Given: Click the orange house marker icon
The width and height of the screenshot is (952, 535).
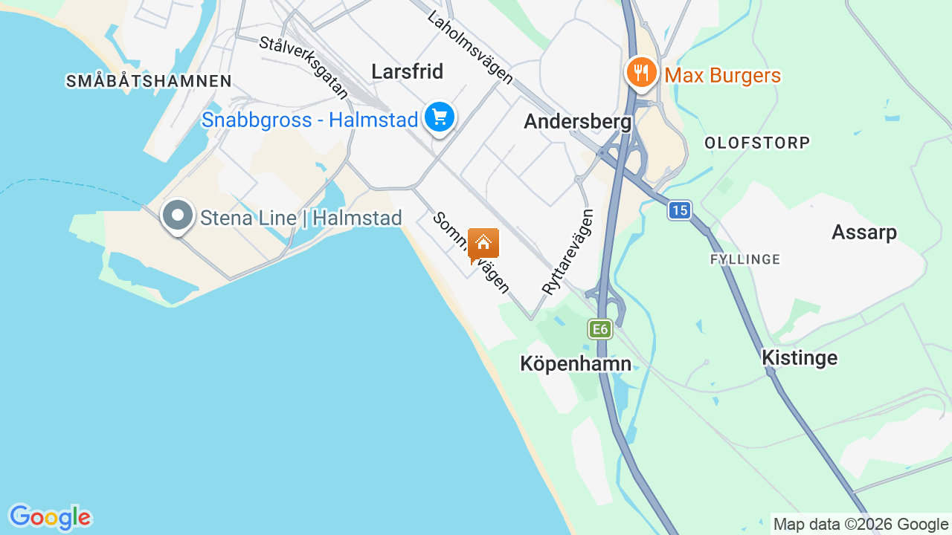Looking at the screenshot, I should (483, 243).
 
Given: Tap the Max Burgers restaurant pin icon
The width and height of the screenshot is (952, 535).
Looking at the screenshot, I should (640, 73).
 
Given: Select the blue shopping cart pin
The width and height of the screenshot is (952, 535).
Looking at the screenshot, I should (440, 117).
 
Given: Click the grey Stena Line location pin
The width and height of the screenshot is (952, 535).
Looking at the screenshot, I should (177, 215).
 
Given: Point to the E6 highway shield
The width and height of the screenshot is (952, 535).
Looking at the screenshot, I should (599, 329).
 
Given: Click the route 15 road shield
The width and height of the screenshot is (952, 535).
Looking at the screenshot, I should (678, 210).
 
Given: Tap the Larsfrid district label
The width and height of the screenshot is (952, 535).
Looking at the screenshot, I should (407, 71).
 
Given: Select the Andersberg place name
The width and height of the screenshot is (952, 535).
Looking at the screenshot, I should (578, 122).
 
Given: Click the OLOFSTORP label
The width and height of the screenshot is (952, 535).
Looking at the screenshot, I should (756, 143).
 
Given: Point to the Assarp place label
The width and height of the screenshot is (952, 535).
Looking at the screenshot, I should (864, 233).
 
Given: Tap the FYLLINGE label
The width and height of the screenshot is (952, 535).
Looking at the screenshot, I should (745, 259).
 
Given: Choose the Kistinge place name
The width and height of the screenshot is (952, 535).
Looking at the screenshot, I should (800, 358).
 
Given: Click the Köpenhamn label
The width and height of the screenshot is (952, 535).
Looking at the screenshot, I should (576, 364).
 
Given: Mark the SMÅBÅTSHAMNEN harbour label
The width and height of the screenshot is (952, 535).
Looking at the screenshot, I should (149, 82).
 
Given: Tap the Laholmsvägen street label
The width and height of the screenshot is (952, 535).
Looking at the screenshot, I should (470, 47).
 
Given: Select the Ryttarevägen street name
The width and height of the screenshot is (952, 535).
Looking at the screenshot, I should (568, 253).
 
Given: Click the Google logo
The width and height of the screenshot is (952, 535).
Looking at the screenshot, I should (50, 517).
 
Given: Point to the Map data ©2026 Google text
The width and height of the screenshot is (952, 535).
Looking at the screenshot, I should (861, 524).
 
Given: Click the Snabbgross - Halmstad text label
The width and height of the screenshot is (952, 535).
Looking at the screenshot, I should (309, 120).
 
